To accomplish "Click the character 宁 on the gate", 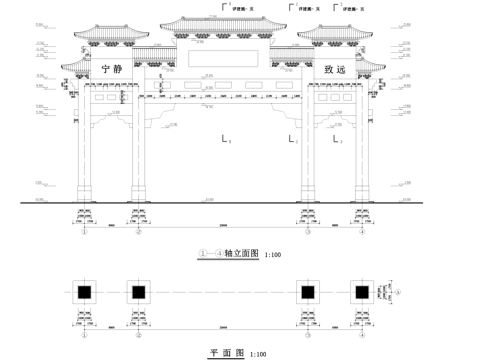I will pos(107,70).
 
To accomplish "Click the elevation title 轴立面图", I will pos(242,255).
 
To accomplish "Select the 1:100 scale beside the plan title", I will pos(257,354).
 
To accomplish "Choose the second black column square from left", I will pos(138,292).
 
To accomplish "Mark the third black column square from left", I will pos(309,292).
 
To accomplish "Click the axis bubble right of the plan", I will pos(398,292).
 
